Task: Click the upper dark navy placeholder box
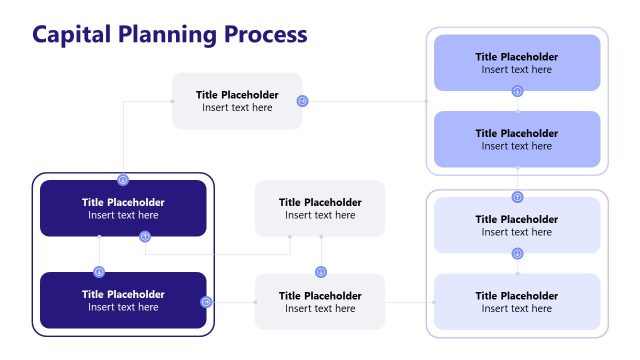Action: [x=123, y=208]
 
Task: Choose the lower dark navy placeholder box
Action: [x=123, y=300]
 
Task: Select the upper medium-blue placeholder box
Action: [x=517, y=63]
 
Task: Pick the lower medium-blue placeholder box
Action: [x=517, y=139]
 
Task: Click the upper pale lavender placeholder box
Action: [x=517, y=225]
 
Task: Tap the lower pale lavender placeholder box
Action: [x=517, y=301]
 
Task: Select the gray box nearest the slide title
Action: [x=237, y=101]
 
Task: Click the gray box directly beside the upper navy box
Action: [x=320, y=208]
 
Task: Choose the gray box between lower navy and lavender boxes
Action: [x=320, y=301]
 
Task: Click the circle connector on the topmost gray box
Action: [x=302, y=101]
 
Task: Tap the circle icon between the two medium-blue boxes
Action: [x=517, y=91]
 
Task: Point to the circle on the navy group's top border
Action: [x=123, y=180]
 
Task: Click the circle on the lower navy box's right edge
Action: [x=206, y=301]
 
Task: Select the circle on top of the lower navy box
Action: [x=99, y=272]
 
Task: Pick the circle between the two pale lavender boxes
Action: [x=517, y=254]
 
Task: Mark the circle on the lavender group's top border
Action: [x=517, y=197]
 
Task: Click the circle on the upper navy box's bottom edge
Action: [x=145, y=237]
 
